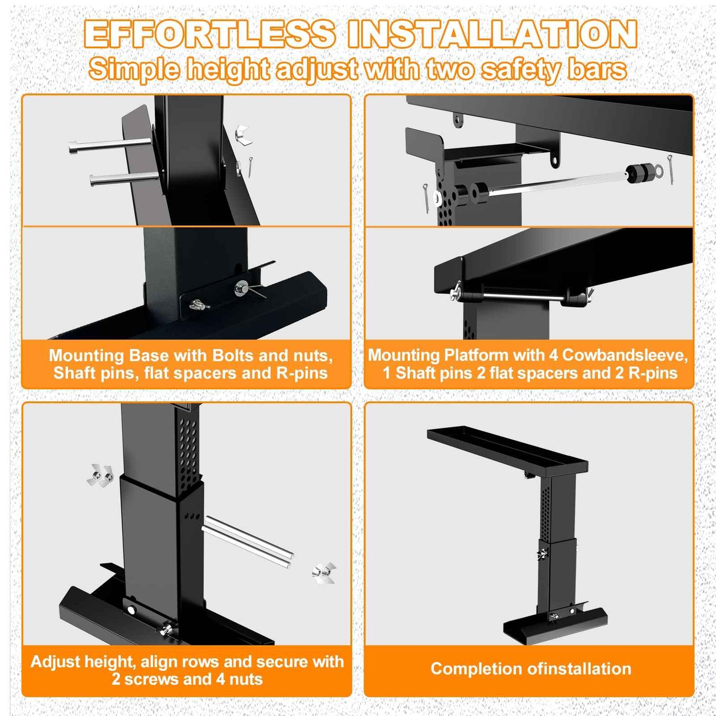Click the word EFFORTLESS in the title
(210, 34)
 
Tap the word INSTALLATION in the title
(492, 34)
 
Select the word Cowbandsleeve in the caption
(625, 355)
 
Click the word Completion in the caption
(477, 668)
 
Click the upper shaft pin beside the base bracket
(109, 145)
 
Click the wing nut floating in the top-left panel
(243, 135)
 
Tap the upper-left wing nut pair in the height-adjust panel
(100, 476)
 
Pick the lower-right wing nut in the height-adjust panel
(324, 573)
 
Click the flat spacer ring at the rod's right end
(658, 171)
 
